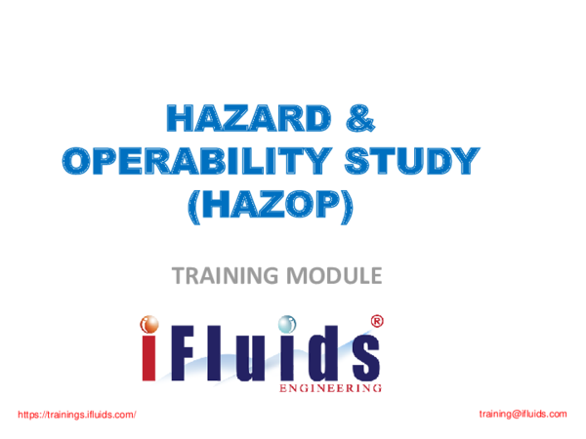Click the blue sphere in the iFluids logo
click(286, 325)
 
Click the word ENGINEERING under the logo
click(330, 387)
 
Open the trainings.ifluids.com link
click(77, 415)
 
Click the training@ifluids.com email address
click(523, 414)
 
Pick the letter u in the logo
click(246, 360)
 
